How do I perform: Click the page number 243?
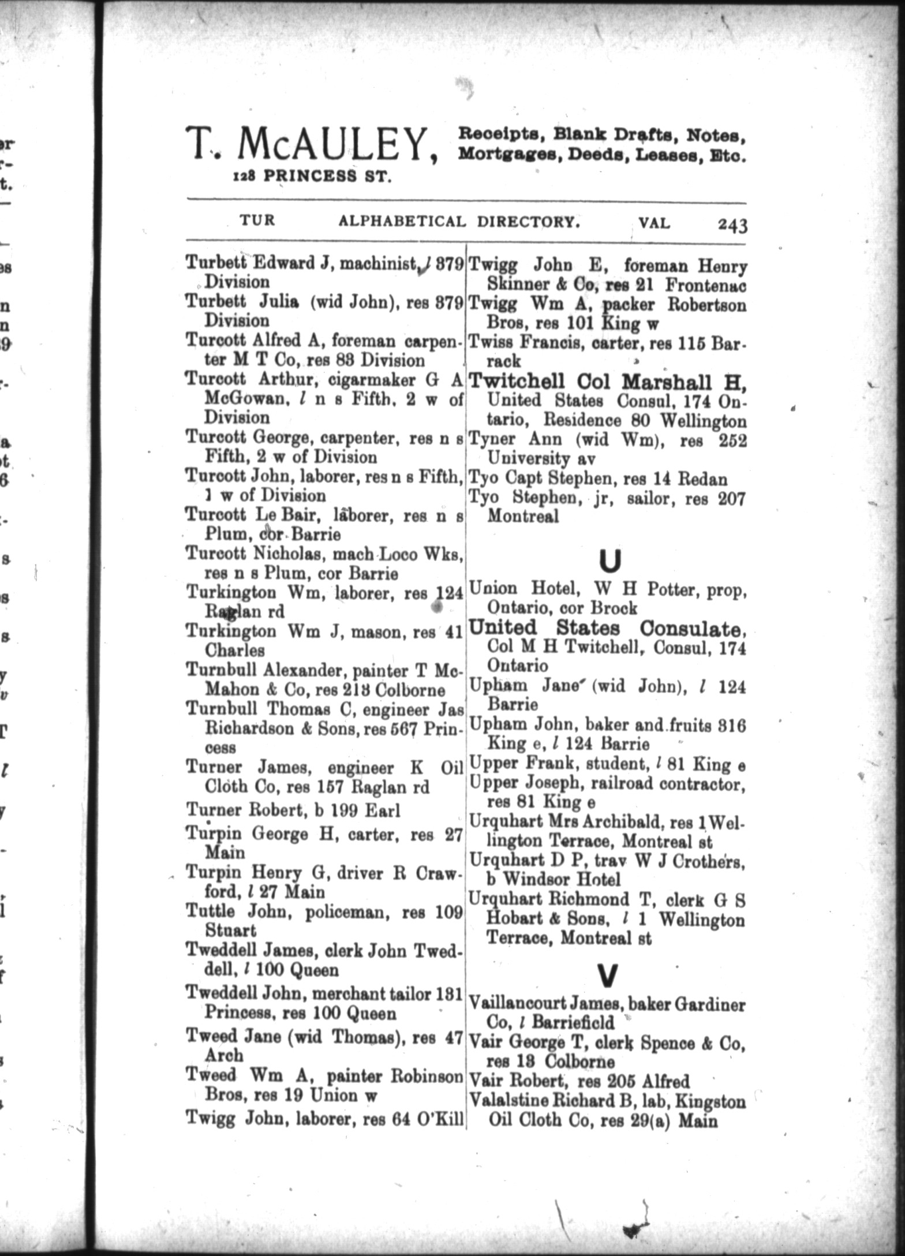(x=732, y=225)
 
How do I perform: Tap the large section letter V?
(x=608, y=975)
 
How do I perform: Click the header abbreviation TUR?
(x=257, y=220)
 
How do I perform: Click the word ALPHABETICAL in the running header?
(x=402, y=222)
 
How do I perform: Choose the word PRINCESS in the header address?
(x=312, y=177)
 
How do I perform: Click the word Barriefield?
(x=573, y=1023)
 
